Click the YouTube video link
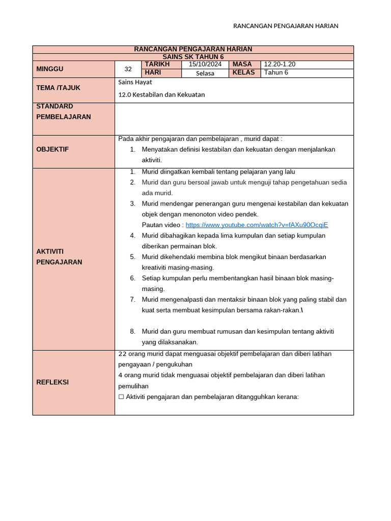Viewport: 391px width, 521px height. [257, 225]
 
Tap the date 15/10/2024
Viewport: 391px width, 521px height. [205, 64]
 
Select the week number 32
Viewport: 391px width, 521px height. [128, 69]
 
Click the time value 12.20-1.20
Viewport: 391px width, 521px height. [280, 64]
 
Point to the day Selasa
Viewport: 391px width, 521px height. [205, 73]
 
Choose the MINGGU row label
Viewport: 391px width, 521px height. [50, 69]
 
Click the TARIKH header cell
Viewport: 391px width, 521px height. [157, 64]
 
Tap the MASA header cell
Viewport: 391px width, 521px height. [242, 64]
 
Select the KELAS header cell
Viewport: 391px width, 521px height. [243, 73]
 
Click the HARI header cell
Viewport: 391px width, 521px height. [153, 73]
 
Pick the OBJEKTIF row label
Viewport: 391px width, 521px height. [52, 149]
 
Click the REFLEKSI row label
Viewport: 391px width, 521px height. [52, 382]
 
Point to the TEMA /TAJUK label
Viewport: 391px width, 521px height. [59, 88]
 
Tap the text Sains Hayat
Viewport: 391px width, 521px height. [135, 82]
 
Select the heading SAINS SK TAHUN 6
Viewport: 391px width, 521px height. [193, 57]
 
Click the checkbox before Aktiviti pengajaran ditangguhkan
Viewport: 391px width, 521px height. [121, 397]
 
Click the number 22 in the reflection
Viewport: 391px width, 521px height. [123, 354]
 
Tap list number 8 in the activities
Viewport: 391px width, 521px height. [132, 331]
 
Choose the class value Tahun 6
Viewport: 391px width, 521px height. [276, 73]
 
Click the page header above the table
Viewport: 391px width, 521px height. [286, 26]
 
